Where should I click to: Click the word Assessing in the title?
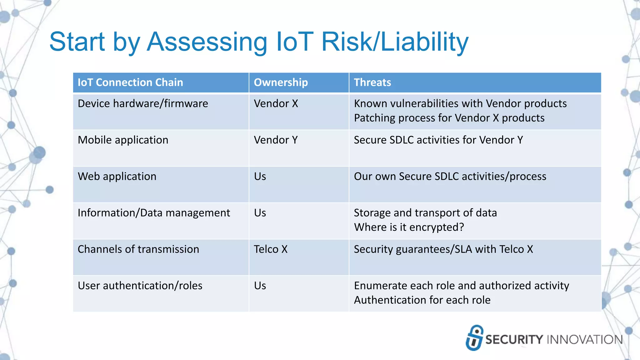tap(207, 42)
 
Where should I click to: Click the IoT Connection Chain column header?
tap(130, 82)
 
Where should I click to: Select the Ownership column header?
tap(281, 82)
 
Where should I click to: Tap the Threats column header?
tap(372, 82)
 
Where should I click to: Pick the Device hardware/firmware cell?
tap(143, 104)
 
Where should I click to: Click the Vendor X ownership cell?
tap(276, 104)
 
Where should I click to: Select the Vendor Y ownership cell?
tap(276, 140)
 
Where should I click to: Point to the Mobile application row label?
tap(123, 140)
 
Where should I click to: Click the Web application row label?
tap(117, 177)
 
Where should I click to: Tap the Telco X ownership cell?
tap(271, 249)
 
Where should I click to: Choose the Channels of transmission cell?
tap(138, 249)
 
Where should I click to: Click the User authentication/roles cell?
tap(140, 286)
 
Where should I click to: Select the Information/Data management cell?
tap(154, 213)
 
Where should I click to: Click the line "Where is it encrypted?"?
tap(409, 227)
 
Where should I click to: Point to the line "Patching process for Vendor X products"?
tap(449, 118)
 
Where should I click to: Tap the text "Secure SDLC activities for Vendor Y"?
tap(438, 140)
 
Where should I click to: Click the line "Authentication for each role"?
tap(422, 300)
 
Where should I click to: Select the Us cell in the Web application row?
tap(260, 177)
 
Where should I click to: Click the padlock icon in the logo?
tap(474, 337)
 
